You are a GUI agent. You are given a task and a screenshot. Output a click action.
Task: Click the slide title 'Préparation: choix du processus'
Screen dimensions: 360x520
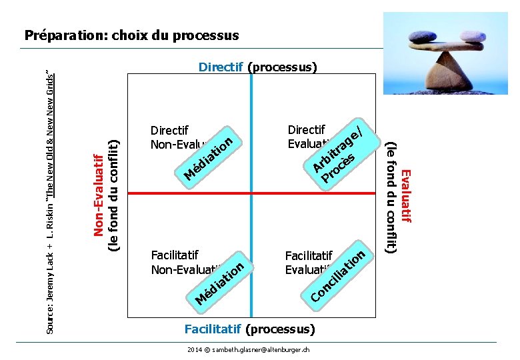[131, 35]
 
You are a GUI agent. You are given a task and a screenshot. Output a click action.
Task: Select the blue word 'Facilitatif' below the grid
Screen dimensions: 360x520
[213, 329]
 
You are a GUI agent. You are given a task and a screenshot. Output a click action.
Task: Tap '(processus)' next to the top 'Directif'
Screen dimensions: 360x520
[282, 67]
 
